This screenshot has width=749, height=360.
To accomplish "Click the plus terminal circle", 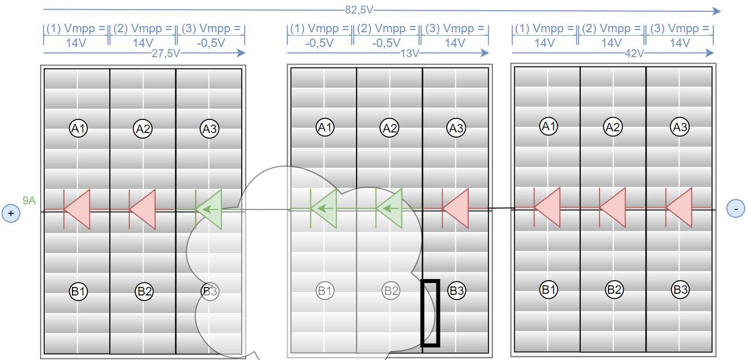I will pyautogui.click(x=11, y=213).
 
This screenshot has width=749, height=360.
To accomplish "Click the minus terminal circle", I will pyautogui.click(x=735, y=209).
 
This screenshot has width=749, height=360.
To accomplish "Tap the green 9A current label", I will pyautogui.click(x=29, y=200).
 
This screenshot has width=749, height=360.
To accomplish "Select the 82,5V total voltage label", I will pyautogui.click(x=359, y=10).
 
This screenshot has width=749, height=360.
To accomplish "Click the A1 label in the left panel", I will pyautogui.click(x=78, y=129).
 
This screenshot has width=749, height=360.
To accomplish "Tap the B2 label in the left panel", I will pyautogui.click(x=144, y=292).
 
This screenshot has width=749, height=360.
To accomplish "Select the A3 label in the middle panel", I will pyautogui.click(x=456, y=128).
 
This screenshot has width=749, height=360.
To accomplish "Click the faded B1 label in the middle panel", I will pyautogui.click(x=324, y=291).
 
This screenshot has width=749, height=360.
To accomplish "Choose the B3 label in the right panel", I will pyautogui.click(x=680, y=290).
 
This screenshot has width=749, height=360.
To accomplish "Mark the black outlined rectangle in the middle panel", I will pyautogui.click(x=430, y=312).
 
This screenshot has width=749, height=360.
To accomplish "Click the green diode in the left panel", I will pyautogui.click(x=208, y=209).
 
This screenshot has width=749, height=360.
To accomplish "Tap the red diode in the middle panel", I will pyautogui.click(x=455, y=209).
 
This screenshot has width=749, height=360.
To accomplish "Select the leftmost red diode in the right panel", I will pyautogui.click(x=547, y=208).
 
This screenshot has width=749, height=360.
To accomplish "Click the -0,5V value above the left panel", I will pyautogui.click(x=211, y=42).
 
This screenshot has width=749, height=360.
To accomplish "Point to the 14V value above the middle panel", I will pyautogui.click(x=454, y=42).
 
